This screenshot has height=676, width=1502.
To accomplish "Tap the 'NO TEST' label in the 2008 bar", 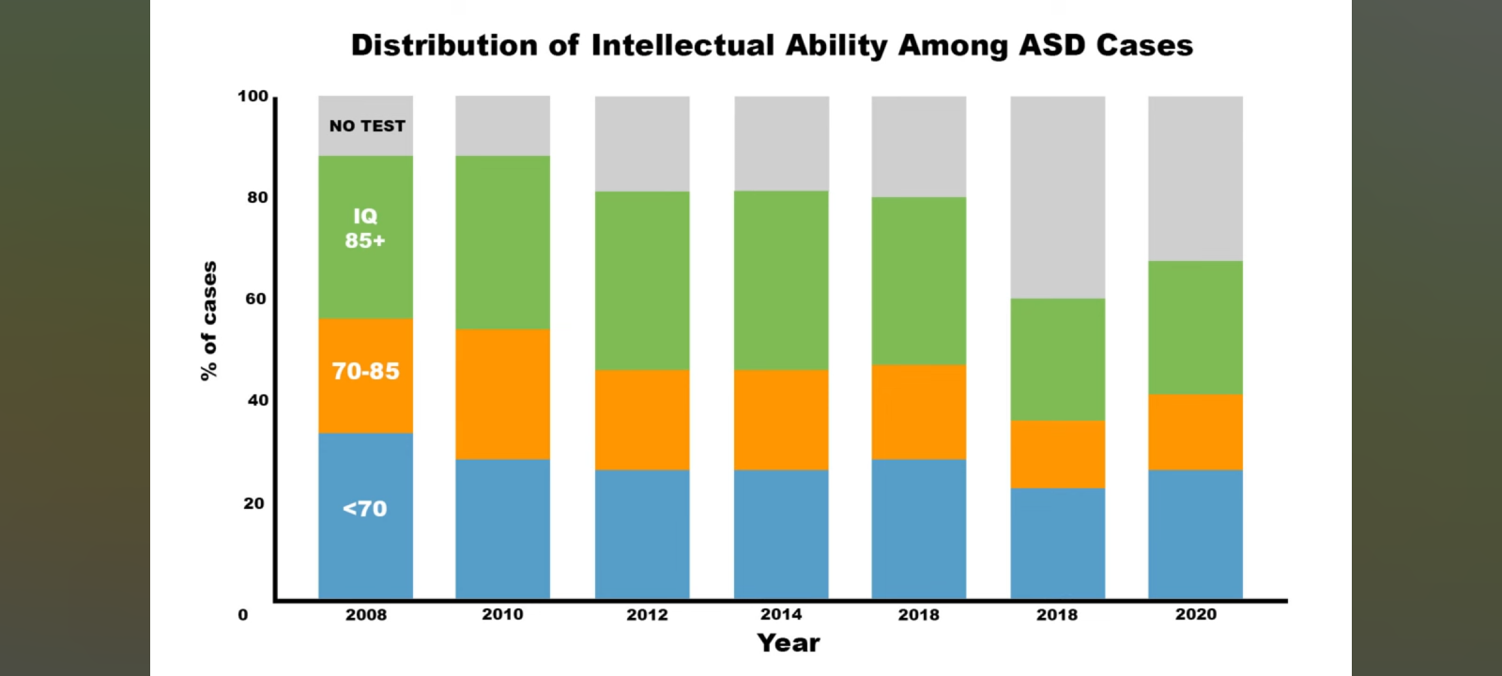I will (367, 126).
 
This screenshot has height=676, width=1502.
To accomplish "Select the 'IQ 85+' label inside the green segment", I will (365, 228).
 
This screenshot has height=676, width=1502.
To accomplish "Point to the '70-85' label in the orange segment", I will (365, 371).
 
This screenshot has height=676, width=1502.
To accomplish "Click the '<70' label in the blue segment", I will (365, 509).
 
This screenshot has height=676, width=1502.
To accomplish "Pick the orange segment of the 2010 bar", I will (503, 393).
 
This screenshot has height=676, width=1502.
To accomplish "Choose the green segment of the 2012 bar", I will (642, 280).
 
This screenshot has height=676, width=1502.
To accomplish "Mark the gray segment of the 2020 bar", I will (1195, 177).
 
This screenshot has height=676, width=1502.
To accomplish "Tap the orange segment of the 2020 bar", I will (1195, 431).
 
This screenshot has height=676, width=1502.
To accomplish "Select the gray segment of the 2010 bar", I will (503, 125).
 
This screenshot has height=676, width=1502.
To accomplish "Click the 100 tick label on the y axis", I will (253, 96).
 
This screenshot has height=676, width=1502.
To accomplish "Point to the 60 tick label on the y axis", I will (256, 299).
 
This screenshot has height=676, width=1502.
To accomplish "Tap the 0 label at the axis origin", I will (243, 615).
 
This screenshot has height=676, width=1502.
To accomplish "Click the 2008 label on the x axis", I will (365, 615).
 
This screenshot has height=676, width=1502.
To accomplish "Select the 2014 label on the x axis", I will (781, 614).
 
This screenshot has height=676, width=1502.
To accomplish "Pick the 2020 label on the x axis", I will (1195, 614).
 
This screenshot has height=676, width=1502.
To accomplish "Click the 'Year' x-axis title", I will (789, 643).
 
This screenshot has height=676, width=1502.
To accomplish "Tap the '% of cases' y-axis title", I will (208, 321).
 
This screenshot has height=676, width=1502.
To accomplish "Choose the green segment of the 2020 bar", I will (1195, 327).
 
